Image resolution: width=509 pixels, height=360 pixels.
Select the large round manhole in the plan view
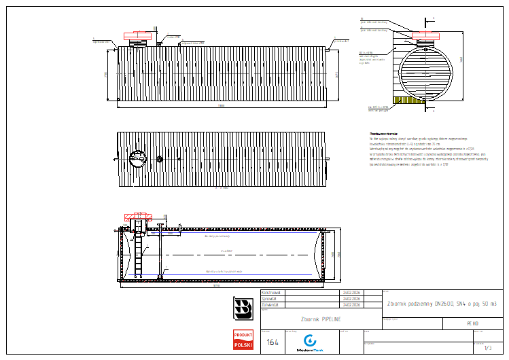137,158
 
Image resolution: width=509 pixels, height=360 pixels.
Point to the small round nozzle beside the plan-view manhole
160,160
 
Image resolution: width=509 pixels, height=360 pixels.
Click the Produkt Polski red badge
243,340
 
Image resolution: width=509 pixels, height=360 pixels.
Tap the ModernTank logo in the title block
310,342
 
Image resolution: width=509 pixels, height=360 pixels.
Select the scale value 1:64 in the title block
273,342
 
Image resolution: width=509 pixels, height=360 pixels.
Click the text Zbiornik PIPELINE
320,319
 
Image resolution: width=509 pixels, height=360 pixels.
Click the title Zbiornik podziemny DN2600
441,303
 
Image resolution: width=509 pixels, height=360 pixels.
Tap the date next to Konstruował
351,293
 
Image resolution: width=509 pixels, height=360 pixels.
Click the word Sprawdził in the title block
272,298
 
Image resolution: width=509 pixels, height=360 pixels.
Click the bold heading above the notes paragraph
383,134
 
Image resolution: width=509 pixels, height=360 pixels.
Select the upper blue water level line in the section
224,237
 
